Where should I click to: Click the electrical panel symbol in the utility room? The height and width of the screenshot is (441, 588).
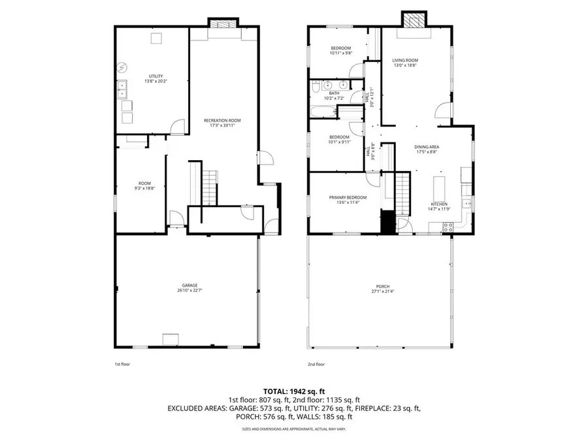point(123,67)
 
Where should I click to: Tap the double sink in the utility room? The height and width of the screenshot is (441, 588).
point(123,89)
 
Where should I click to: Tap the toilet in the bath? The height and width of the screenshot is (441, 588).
point(316,86)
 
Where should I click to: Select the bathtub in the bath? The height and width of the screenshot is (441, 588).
point(323,112)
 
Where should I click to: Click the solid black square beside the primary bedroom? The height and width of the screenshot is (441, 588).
point(388,222)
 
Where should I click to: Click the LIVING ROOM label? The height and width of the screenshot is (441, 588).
point(405,60)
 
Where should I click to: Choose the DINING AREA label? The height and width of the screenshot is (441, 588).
point(427,147)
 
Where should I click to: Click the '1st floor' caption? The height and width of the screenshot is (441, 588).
point(122,364)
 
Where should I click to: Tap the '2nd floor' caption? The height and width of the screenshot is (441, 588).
point(316,364)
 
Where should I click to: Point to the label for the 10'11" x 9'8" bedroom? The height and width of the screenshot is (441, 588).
point(341,48)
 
